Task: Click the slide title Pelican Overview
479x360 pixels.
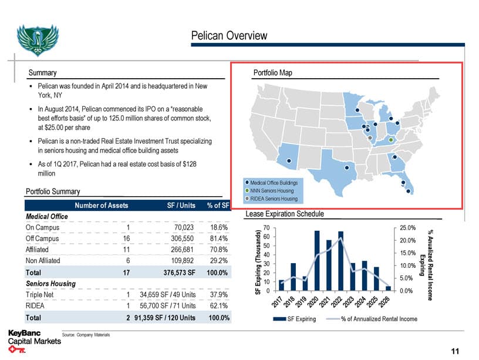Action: (229, 36)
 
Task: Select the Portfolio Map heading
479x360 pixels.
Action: (272, 73)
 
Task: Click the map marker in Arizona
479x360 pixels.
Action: (288, 160)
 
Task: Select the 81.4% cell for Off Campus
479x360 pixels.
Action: (218, 238)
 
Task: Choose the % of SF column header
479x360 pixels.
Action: (218, 206)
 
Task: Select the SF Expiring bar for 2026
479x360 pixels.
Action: (388, 288)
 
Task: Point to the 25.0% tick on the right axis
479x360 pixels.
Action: (407, 227)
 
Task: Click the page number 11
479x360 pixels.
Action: (455, 351)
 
